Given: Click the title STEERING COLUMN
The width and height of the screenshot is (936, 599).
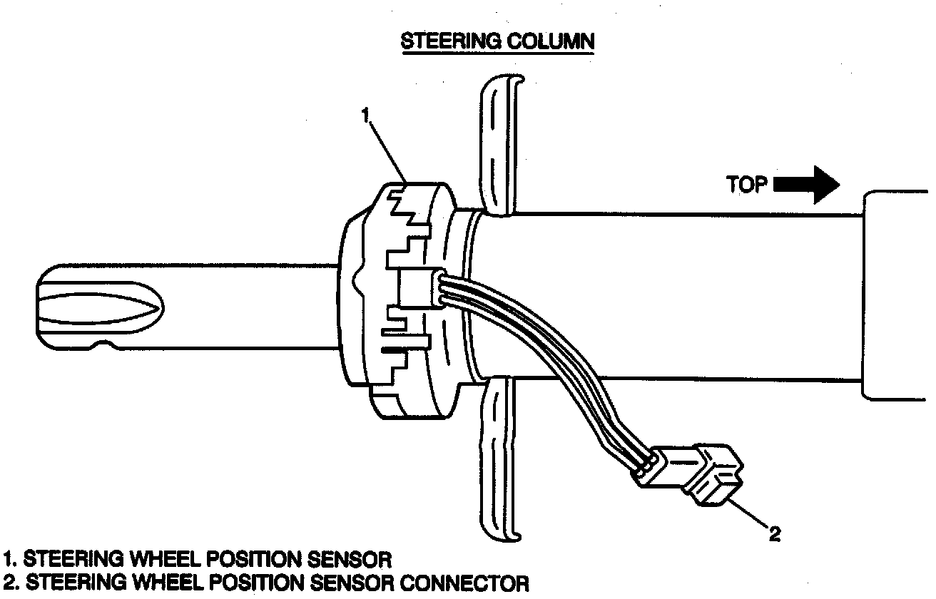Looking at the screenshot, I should coord(497,41).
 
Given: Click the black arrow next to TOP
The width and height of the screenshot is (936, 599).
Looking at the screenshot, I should coord(807,185).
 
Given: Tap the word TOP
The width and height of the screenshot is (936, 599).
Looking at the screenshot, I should coord(747,185).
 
